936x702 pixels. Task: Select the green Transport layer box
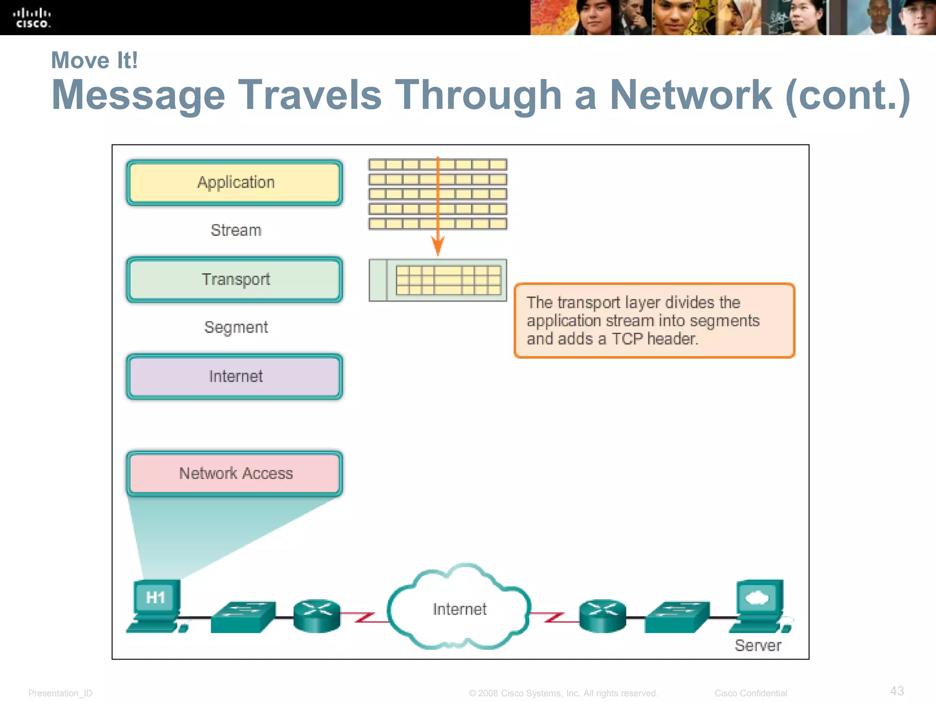tap(235, 279)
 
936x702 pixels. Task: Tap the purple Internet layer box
tap(235, 376)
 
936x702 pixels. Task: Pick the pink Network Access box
tap(235, 473)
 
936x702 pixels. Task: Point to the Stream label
tap(236, 230)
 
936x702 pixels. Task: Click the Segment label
tap(236, 327)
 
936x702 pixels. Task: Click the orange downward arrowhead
tap(438, 247)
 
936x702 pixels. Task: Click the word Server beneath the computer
tap(758, 645)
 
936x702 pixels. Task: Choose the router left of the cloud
tap(317, 616)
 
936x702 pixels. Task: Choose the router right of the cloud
tap(602, 616)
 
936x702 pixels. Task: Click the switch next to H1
tap(243, 617)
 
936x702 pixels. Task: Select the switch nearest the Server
tap(677, 617)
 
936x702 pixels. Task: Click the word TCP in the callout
tap(627, 339)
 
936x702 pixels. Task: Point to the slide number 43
tap(897, 691)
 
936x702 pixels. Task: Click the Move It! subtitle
tap(95, 60)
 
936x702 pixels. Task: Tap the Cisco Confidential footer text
tap(750, 693)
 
